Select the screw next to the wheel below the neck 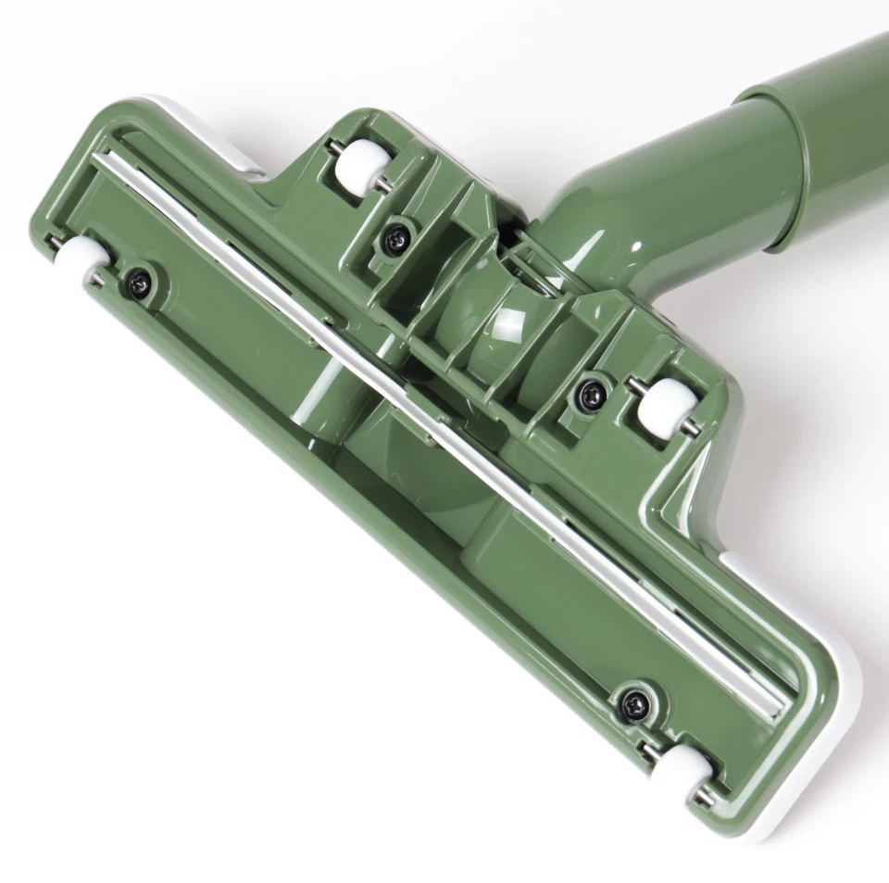pyautogui.click(x=588, y=394)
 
